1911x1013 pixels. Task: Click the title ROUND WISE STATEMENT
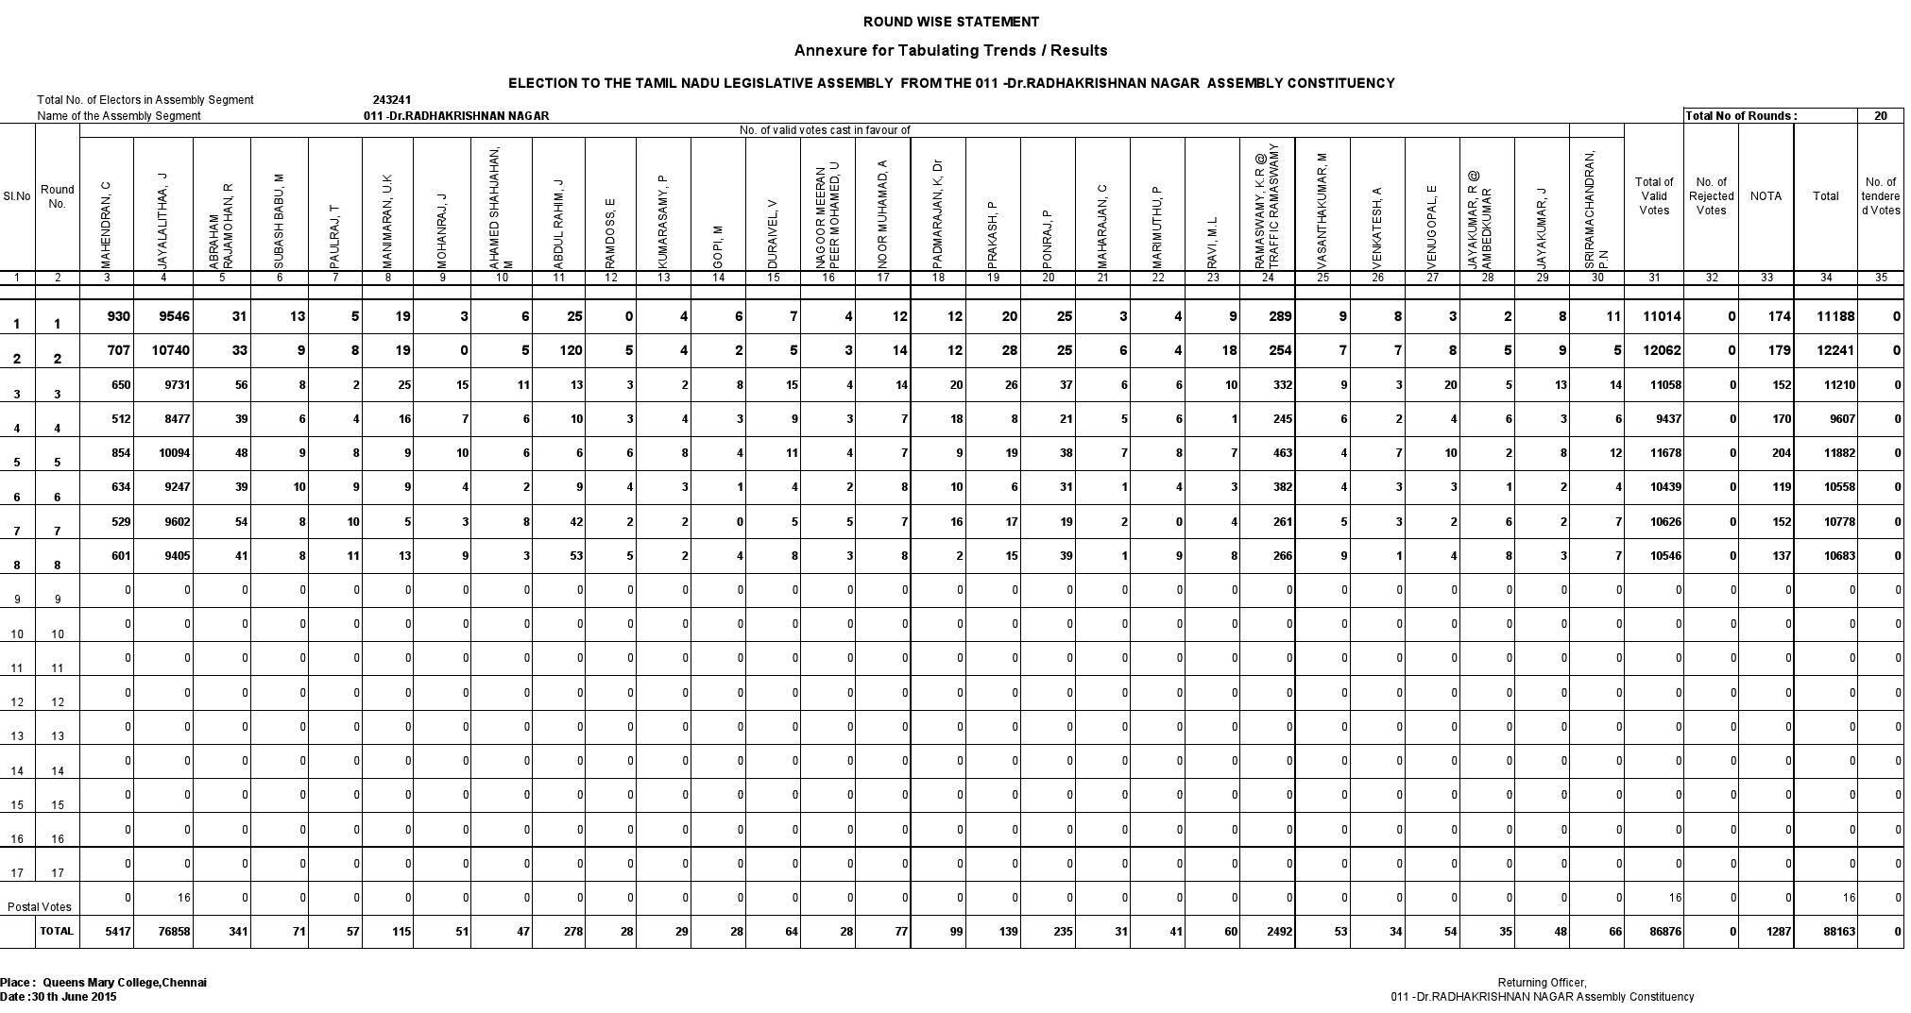pyautogui.click(x=950, y=22)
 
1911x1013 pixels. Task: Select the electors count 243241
pyautogui.click(x=391, y=100)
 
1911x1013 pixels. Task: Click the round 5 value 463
pyautogui.click(x=1282, y=453)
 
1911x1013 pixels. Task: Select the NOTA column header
pyautogui.click(x=1765, y=196)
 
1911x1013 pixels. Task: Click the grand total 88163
pyautogui.click(x=1835, y=932)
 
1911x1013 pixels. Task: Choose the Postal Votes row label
pyautogui.click(x=40, y=907)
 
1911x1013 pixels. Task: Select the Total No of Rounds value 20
pyautogui.click(x=1880, y=116)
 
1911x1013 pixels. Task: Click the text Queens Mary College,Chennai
pyautogui.click(x=125, y=983)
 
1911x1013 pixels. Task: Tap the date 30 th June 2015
pyautogui.click(x=74, y=997)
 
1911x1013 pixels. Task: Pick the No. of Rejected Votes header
pyautogui.click(x=1711, y=196)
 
